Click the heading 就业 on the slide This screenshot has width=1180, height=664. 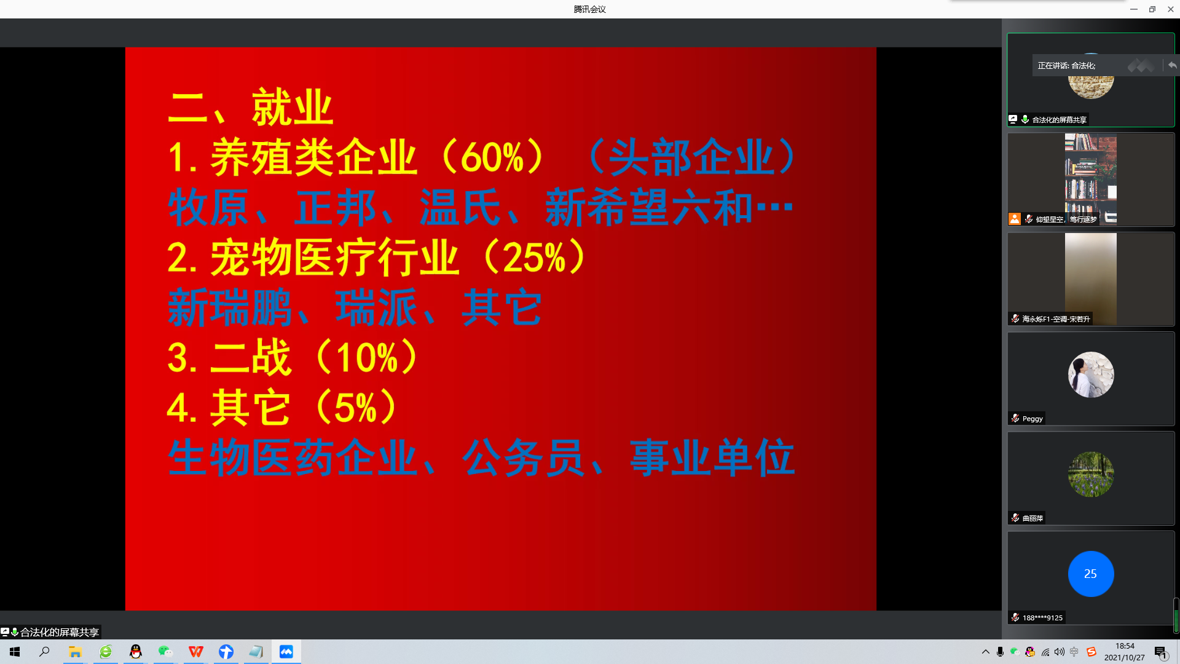pyautogui.click(x=293, y=107)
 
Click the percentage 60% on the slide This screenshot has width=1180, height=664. pyautogui.click(x=492, y=157)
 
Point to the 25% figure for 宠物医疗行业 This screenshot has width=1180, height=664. pyautogui.click(x=534, y=257)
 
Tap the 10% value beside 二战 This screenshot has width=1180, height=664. pyautogui.click(x=367, y=357)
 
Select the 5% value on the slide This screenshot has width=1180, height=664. pyautogui.click(x=355, y=407)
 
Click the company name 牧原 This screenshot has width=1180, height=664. pyautogui.click(x=209, y=207)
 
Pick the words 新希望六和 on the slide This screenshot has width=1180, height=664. pyautogui.click(x=649, y=207)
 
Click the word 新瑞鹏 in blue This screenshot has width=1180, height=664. pyautogui.click(x=230, y=307)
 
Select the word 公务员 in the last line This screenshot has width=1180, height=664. pyautogui.click(x=523, y=457)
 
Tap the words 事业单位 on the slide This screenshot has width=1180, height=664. pyautogui.click(x=713, y=457)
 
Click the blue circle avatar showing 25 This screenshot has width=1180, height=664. pyautogui.click(x=1091, y=574)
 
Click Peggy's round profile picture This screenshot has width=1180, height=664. pyautogui.click(x=1091, y=374)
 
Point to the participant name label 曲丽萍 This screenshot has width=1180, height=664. pyautogui.click(x=1032, y=518)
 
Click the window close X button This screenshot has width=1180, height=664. pyautogui.click(x=1171, y=9)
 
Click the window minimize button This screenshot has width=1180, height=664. pyautogui.click(x=1134, y=9)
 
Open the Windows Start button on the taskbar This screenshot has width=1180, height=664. pyautogui.click(x=15, y=652)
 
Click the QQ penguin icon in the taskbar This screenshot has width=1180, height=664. pyautogui.click(x=135, y=652)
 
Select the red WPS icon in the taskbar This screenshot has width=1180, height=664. pyautogui.click(x=195, y=652)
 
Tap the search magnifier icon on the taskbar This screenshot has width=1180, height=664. pyautogui.click(x=44, y=652)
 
